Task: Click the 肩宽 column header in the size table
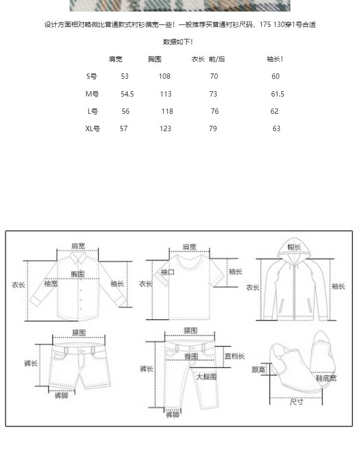pos(115,59)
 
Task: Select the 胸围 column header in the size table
pos(155,59)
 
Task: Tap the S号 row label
pos(91,76)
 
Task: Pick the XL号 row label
pos(93,128)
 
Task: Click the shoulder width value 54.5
pos(127,94)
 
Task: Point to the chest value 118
pos(167,111)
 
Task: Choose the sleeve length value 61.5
pos(277,94)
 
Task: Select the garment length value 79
pos(213,128)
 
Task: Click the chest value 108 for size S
pos(165,76)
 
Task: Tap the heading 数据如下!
pos(178,42)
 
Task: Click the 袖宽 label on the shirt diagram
pos(51,284)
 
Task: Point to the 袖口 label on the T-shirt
pos(168,272)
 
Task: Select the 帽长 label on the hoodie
pos(294,247)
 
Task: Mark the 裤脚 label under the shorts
pos(61,396)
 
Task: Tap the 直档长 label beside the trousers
pos(235,356)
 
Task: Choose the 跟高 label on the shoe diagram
pos(259,369)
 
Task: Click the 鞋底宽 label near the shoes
pos(326,378)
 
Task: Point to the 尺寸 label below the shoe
pos(296,402)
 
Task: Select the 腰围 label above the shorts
pos(79,332)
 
